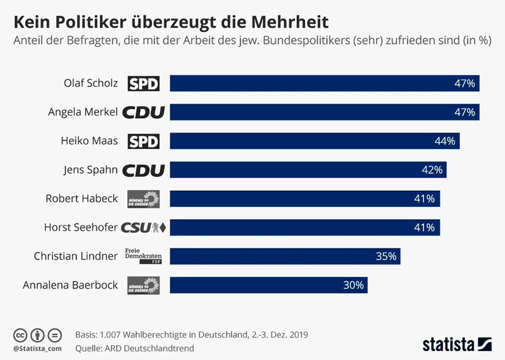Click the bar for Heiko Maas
[x=314, y=141]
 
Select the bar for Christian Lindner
[x=285, y=256]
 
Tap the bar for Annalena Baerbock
[x=269, y=285]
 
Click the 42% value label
[x=432, y=170]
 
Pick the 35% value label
[x=386, y=256]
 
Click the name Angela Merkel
[x=83, y=112]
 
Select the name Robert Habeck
[x=82, y=198]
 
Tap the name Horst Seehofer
[x=81, y=227]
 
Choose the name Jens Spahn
[x=91, y=170]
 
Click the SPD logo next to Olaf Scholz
[x=144, y=84]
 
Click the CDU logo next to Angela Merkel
[x=143, y=112]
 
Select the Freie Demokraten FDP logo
[x=143, y=256]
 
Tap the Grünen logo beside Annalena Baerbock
[x=143, y=285]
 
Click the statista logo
[x=457, y=343]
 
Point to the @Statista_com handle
[x=37, y=348]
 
